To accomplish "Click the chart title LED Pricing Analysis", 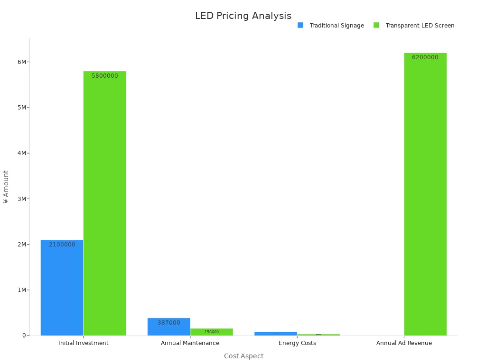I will click(243, 16).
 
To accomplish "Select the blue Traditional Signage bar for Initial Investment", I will click(62, 289).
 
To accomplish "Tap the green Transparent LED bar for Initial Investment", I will click(104, 204).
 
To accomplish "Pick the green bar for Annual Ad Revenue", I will click(425, 194).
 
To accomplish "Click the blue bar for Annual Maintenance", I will click(168, 328).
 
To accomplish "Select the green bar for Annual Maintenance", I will click(212, 332).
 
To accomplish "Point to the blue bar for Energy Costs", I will click(276, 334).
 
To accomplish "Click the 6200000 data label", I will click(425, 57).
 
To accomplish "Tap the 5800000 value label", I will click(104, 76).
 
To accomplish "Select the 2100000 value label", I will click(62, 245).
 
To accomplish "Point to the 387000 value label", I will click(168, 323).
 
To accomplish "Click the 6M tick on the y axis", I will click(22, 62).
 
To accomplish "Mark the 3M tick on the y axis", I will click(22, 199).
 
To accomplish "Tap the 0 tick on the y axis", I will click(24, 336).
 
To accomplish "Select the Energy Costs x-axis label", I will click(297, 343).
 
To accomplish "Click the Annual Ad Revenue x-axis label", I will click(404, 343).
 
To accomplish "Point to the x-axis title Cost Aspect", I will click(243, 356).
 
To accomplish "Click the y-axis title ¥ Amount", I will click(6, 187).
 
